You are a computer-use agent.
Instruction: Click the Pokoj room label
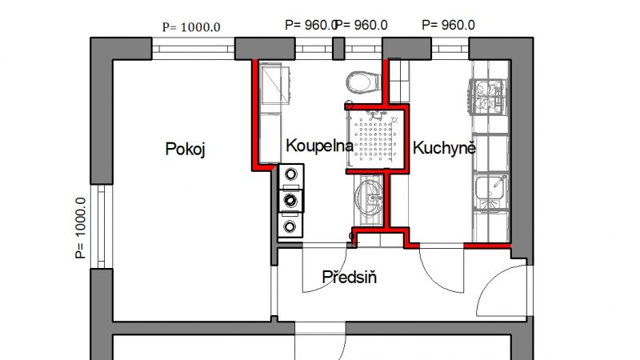tap(185, 149)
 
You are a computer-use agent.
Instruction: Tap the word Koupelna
tap(319, 146)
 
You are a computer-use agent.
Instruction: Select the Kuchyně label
tap(444, 147)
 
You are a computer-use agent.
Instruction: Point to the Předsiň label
tap(349, 277)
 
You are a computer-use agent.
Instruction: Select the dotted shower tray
tap(374, 138)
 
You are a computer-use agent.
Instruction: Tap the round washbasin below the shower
tap(369, 198)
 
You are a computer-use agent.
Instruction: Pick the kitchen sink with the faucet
tap(490, 190)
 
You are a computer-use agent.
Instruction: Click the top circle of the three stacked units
tap(290, 174)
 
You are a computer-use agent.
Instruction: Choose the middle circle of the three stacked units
tap(290, 201)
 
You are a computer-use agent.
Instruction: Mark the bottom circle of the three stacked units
tap(290, 226)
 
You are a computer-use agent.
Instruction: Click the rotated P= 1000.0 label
tap(81, 228)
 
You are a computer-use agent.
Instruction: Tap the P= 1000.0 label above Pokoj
tap(191, 27)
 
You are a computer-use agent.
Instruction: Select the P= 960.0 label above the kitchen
tap(448, 25)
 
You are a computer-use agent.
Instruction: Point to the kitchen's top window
tap(450, 49)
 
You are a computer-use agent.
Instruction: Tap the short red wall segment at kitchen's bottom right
tap(487, 246)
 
